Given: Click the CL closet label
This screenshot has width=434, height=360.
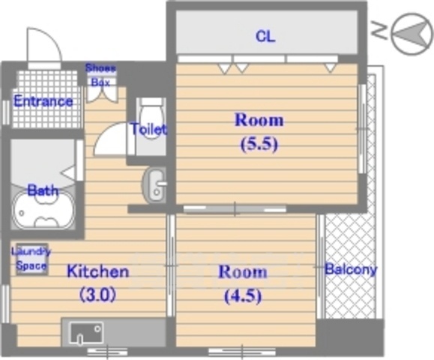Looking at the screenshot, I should click(263, 35).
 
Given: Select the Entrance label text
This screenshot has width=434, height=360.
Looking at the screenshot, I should click(43, 101).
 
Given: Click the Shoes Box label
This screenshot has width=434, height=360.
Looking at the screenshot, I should click(100, 75).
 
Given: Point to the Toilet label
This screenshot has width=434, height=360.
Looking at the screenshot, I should click(148, 129).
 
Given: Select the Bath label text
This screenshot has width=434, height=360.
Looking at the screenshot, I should click(43, 190).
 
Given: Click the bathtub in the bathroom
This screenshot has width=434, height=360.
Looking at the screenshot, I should click(43, 211).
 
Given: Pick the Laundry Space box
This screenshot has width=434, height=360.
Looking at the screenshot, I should click(31, 259).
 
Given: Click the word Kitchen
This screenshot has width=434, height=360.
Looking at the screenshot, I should click(98, 271).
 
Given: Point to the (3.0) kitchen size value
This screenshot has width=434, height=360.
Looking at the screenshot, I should click(97, 295).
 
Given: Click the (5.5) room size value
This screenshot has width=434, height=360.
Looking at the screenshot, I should click(259, 144).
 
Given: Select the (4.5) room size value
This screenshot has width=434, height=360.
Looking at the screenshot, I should click(242, 295).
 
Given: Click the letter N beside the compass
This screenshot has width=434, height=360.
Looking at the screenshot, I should click(380, 31).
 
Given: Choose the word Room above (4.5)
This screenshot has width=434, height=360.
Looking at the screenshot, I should click(242, 271).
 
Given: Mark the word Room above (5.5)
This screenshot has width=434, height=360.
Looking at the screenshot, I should click(259, 120).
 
